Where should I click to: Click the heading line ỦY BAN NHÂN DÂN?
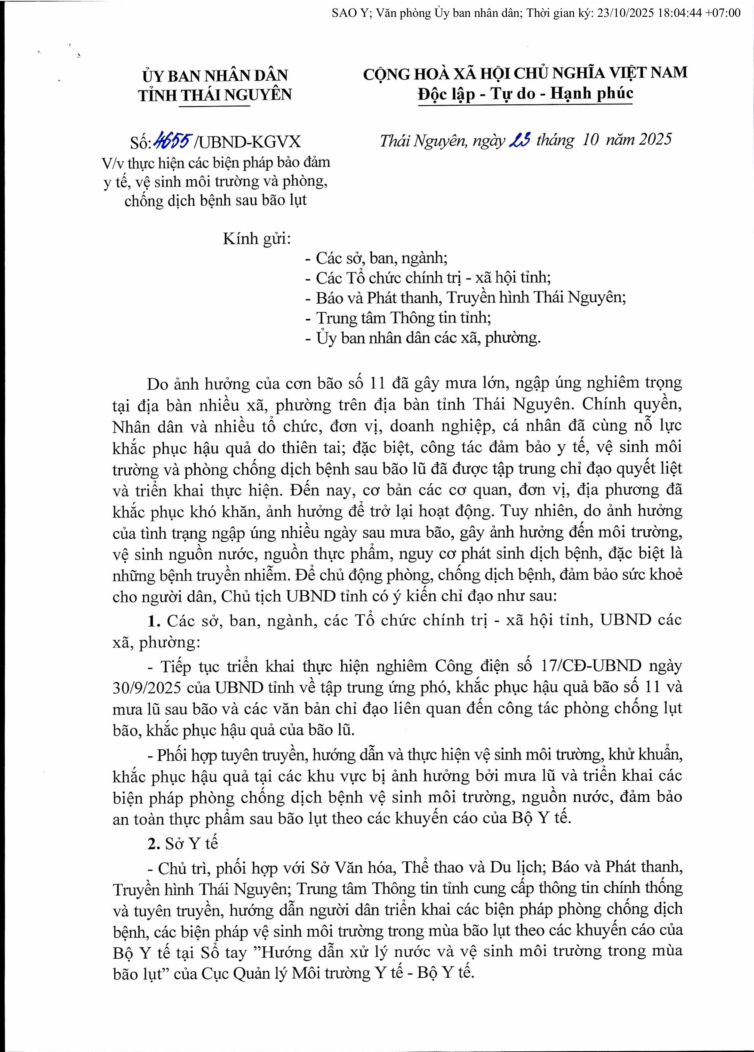click(x=215, y=75)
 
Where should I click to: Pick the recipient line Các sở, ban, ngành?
click(x=376, y=258)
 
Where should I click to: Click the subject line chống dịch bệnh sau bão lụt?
click(x=216, y=201)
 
